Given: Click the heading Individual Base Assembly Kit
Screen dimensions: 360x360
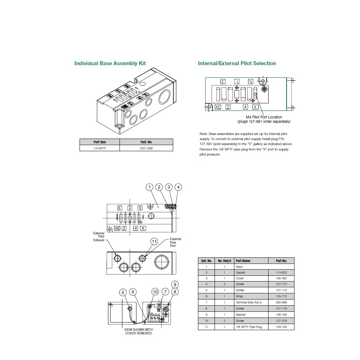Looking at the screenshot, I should [x=110, y=63].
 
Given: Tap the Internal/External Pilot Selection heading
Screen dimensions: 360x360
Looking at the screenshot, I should [x=237, y=63].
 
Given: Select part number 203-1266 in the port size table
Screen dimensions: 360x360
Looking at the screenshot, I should [x=146, y=148].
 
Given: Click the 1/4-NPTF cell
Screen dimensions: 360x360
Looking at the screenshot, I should [x=99, y=148].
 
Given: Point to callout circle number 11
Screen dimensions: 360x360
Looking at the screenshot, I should [x=154, y=242].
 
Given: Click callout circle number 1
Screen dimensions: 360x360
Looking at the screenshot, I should [x=150, y=187].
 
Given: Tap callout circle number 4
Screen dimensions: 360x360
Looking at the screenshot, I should [x=178, y=187].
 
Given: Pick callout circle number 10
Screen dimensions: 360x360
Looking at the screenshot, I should [x=155, y=292].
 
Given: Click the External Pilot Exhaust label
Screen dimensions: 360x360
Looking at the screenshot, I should [x=99, y=237].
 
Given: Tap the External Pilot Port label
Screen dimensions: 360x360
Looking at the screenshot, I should [x=175, y=242].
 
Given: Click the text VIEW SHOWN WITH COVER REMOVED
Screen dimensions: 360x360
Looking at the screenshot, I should [x=138, y=331].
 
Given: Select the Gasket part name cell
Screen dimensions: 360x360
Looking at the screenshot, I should [x=240, y=273].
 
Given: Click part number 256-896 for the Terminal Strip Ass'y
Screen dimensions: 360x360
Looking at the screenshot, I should [x=281, y=302].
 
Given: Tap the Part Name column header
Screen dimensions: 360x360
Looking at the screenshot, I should [x=243, y=261].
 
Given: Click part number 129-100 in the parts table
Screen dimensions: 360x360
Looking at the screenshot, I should [x=281, y=327].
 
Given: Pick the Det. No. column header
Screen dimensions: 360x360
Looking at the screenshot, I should [x=206, y=261].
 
